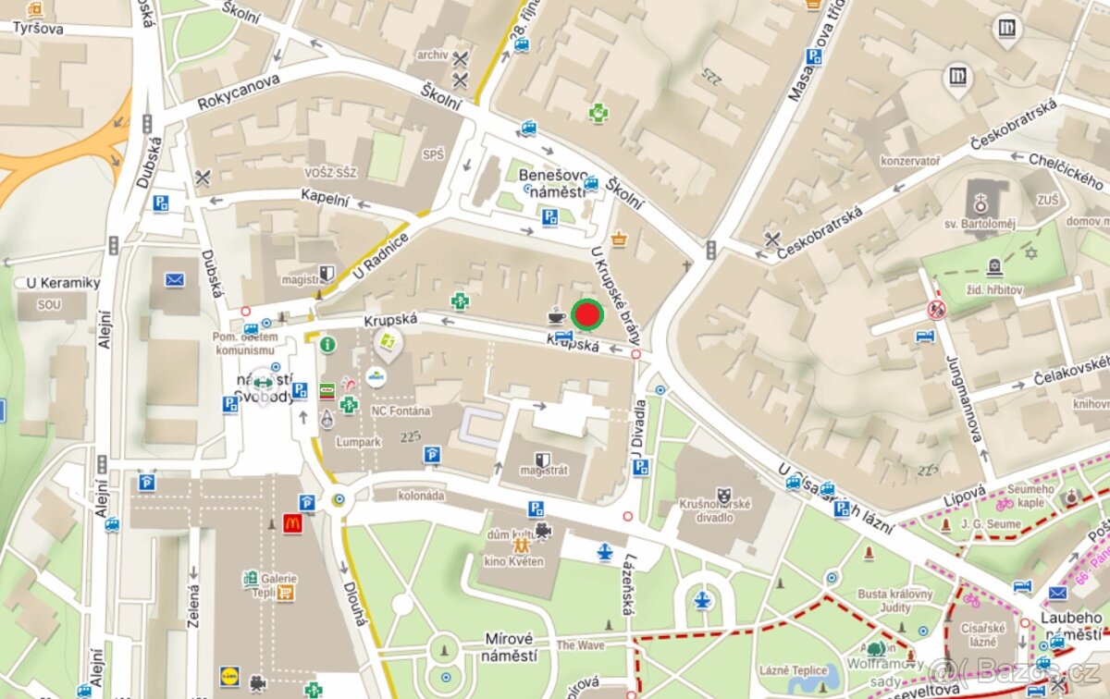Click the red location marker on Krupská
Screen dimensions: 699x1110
pyautogui.click(x=586, y=315)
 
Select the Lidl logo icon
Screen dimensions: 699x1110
pyautogui.click(x=228, y=676)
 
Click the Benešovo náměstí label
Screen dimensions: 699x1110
pyautogui.click(x=552, y=182)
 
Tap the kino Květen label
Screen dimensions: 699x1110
pyautogui.click(x=512, y=561)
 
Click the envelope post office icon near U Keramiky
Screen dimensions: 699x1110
pyautogui.click(x=175, y=279)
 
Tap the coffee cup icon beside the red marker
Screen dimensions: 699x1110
pyautogui.click(x=557, y=316)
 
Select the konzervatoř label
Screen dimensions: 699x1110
pyautogui.click(x=910, y=160)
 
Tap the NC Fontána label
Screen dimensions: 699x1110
pyautogui.click(x=401, y=411)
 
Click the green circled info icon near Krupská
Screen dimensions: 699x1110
pyautogui.click(x=327, y=344)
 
